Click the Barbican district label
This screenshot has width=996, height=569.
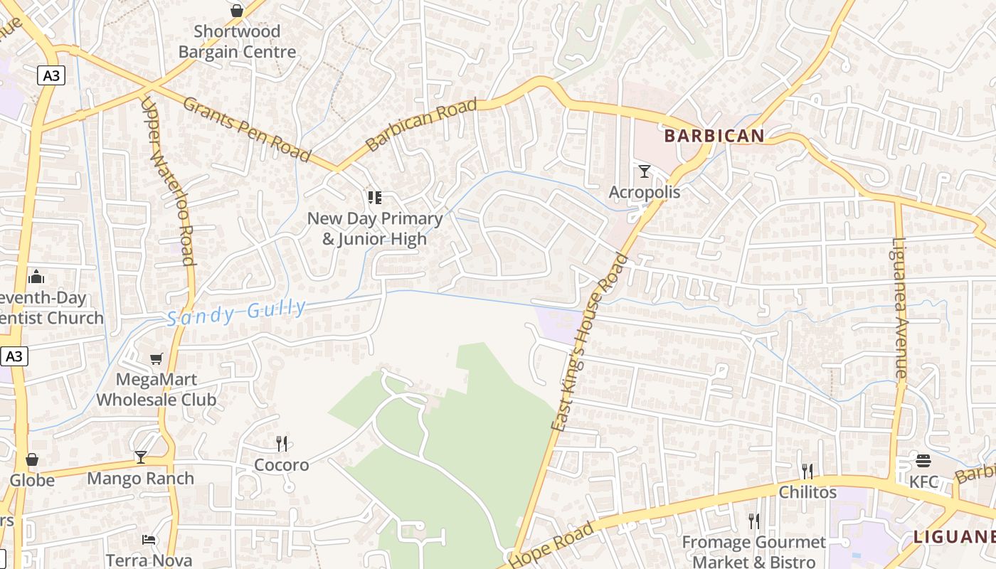pos(714,136)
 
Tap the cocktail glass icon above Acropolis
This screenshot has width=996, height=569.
pos(645,171)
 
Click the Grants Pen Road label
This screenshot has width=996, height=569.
pos(247,129)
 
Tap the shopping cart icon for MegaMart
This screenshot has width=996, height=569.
pos(157,359)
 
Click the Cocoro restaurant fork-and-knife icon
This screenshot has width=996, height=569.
pos(282,444)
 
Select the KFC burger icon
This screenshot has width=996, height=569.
pos(923,461)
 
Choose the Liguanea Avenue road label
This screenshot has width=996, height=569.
pos(900,307)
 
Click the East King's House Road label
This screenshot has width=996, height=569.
pos(590,341)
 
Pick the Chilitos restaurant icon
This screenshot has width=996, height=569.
pos(807,471)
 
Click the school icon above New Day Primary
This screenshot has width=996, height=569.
pos(374,197)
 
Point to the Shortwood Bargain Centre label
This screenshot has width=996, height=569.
pos(237,42)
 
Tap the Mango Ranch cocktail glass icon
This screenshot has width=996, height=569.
pos(141,457)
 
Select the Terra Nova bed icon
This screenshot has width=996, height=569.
pos(149,539)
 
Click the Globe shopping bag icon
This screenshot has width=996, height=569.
pos(32,459)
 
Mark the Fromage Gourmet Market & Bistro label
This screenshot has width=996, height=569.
pos(753,552)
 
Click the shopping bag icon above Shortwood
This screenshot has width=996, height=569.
pos(237,11)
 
